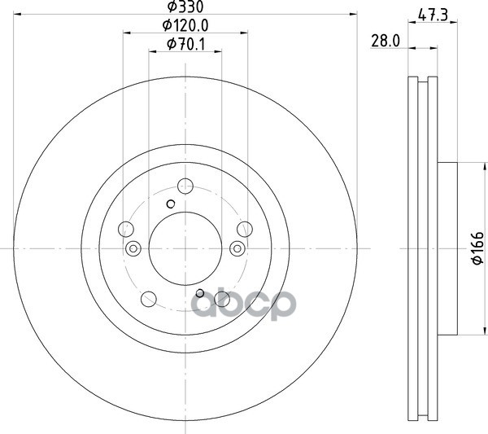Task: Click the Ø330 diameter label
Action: (185, 7)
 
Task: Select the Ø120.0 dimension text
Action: (185, 25)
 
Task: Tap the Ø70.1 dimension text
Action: (186, 44)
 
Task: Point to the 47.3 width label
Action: (433, 15)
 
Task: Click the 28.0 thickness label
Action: (386, 41)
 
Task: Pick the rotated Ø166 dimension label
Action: (477, 248)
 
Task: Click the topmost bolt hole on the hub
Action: (185, 186)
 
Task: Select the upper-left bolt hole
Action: (126, 230)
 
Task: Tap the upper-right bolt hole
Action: (245, 230)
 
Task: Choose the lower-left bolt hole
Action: (149, 299)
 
